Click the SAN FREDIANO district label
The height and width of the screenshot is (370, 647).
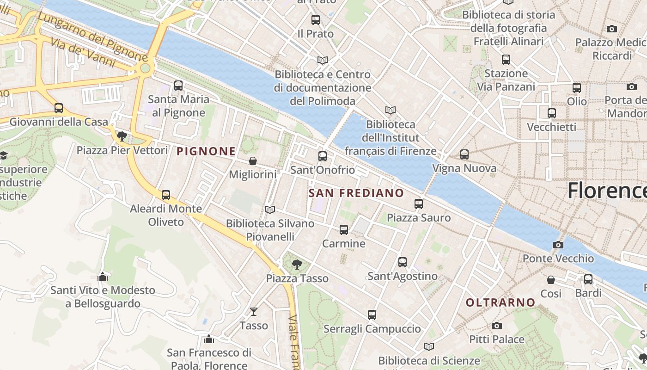coord(356,193)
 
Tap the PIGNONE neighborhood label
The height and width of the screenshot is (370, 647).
coord(206,151)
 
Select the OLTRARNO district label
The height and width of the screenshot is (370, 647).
coord(501,302)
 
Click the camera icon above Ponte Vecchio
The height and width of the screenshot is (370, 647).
coord(558,245)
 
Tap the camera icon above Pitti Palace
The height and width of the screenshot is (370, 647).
coord(497,326)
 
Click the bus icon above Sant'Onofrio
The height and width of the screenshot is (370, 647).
coord(323,156)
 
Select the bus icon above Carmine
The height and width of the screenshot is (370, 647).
coord(343,229)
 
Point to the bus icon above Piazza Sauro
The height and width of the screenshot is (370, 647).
coord(419,203)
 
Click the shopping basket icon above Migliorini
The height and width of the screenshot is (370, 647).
coord(253,161)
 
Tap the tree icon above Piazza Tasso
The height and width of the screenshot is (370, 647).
coord(297,265)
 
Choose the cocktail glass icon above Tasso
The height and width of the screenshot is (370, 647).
coord(254,312)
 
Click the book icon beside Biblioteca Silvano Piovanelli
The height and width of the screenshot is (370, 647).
coord(270,210)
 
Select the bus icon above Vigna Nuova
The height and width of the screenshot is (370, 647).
coord(464,154)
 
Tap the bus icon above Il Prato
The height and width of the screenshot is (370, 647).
coord(316,20)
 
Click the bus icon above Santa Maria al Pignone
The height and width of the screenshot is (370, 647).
coord(178,86)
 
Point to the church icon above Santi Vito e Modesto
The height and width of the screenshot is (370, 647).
coord(103,277)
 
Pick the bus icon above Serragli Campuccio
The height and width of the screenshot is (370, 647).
coord(372,315)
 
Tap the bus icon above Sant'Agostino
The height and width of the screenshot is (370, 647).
coord(403,262)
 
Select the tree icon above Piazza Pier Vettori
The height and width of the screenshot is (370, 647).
coord(122,136)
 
